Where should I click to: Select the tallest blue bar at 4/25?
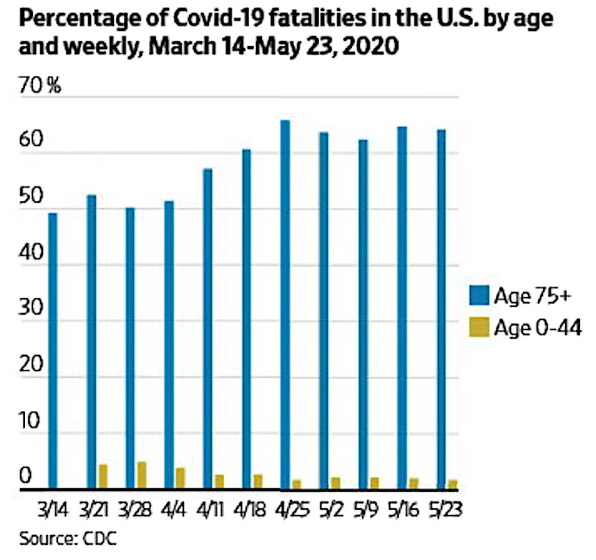[285, 304]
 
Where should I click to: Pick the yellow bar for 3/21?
[103, 476]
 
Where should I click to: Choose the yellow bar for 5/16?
[413, 483]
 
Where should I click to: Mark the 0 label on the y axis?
[25, 477]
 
